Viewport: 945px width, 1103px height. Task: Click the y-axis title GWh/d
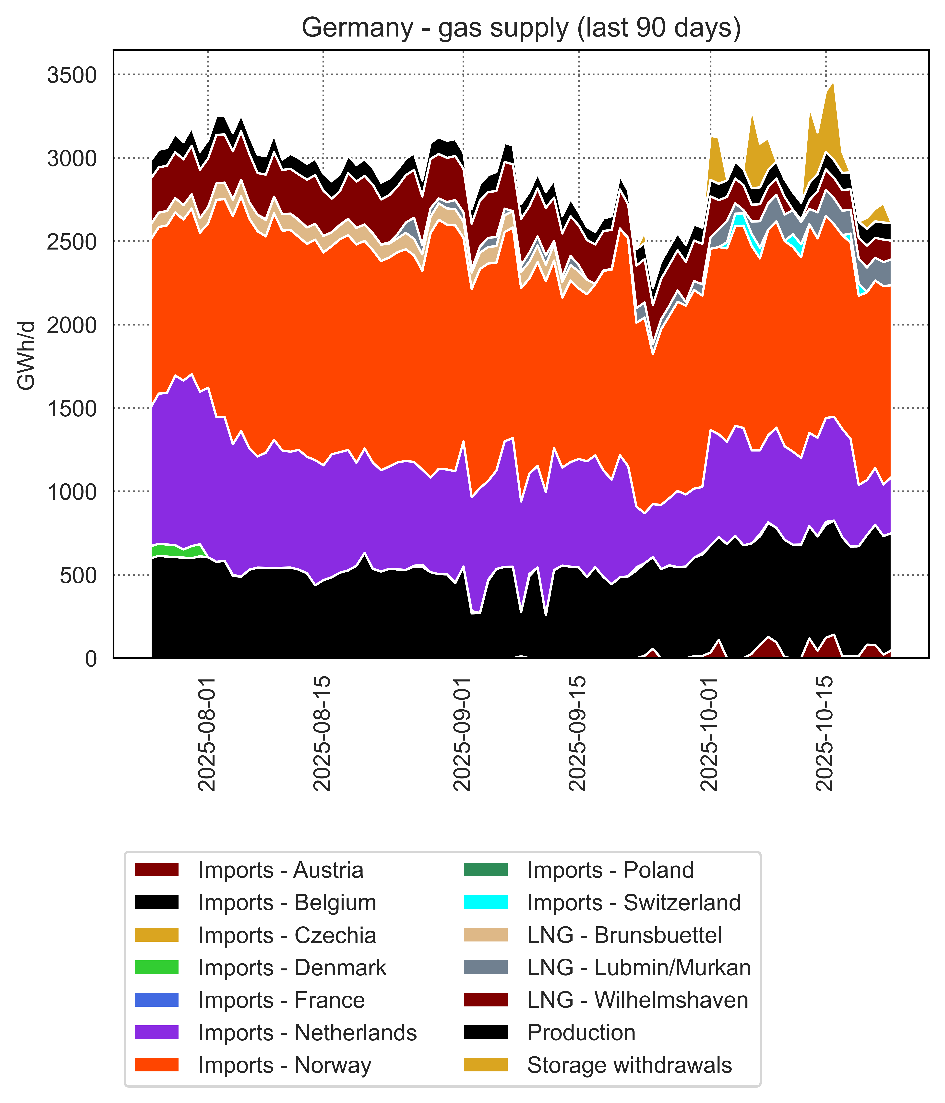[x=27, y=356]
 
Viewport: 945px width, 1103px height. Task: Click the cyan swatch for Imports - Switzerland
[x=486, y=903]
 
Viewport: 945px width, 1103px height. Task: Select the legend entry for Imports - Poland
[x=610, y=870]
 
